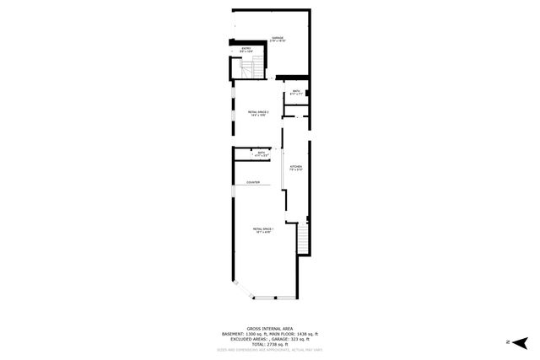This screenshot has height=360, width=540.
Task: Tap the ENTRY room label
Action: coord(246,50)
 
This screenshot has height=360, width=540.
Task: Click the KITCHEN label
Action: coord(295,168)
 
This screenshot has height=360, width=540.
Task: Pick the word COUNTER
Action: coord(253,182)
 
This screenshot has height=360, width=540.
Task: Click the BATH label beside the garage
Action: coord(296,92)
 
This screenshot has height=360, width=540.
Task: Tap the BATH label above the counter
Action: coord(261,153)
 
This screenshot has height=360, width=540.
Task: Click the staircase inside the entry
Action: coord(237,67)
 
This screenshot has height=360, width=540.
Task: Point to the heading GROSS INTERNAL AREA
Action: coord(270,329)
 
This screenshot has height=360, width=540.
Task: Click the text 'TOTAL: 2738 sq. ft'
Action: coord(270,344)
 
